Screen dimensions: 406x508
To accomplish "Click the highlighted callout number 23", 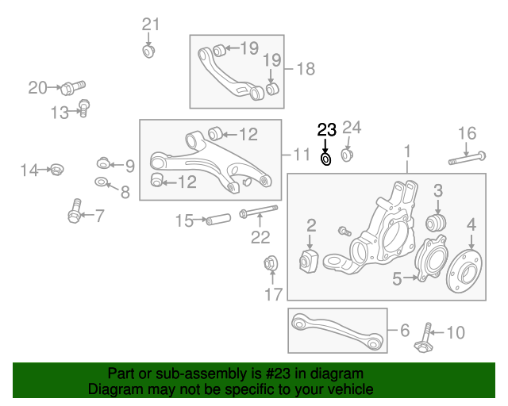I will pos(327,130).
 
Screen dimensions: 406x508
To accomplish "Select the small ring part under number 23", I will pos(326,159).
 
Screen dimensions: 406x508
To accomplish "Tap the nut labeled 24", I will pos(347,153).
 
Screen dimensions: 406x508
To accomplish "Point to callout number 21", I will pos(151,25).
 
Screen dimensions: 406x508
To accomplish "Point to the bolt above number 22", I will pos(256,211).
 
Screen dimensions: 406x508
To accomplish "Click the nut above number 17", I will pos(270,263).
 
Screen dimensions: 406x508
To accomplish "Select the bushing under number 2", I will pos(309,261).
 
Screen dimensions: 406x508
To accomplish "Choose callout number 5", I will pos(397,278).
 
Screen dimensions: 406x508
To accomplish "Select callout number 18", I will pos(306,68).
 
